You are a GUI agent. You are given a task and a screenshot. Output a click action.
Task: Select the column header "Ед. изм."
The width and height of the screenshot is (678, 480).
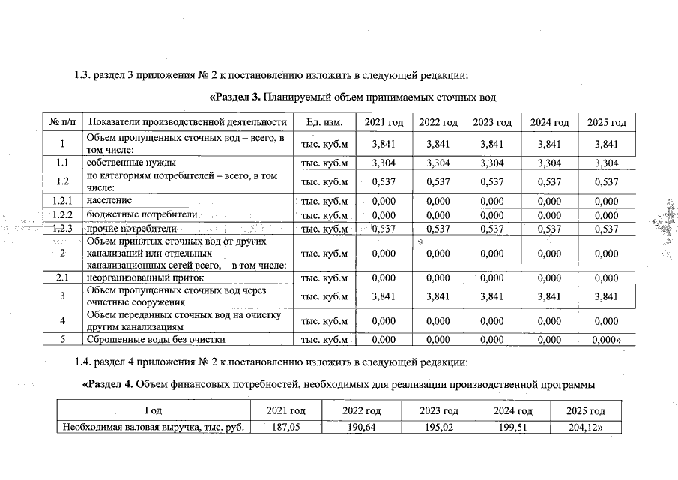click(x=324, y=122)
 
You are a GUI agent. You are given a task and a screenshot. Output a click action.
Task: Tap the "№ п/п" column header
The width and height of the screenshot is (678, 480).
click(x=62, y=122)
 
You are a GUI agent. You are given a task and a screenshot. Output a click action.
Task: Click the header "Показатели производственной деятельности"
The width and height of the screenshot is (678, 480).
click(x=187, y=122)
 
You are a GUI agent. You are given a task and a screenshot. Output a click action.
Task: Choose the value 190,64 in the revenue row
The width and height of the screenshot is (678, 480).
click(x=362, y=427)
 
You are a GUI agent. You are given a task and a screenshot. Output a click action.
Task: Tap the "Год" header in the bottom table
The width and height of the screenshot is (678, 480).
click(x=153, y=411)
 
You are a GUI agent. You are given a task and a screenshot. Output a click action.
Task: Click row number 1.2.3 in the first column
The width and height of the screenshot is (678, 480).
click(x=62, y=229)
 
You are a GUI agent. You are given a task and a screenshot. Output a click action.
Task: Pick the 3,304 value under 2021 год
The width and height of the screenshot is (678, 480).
click(x=384, y=163)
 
